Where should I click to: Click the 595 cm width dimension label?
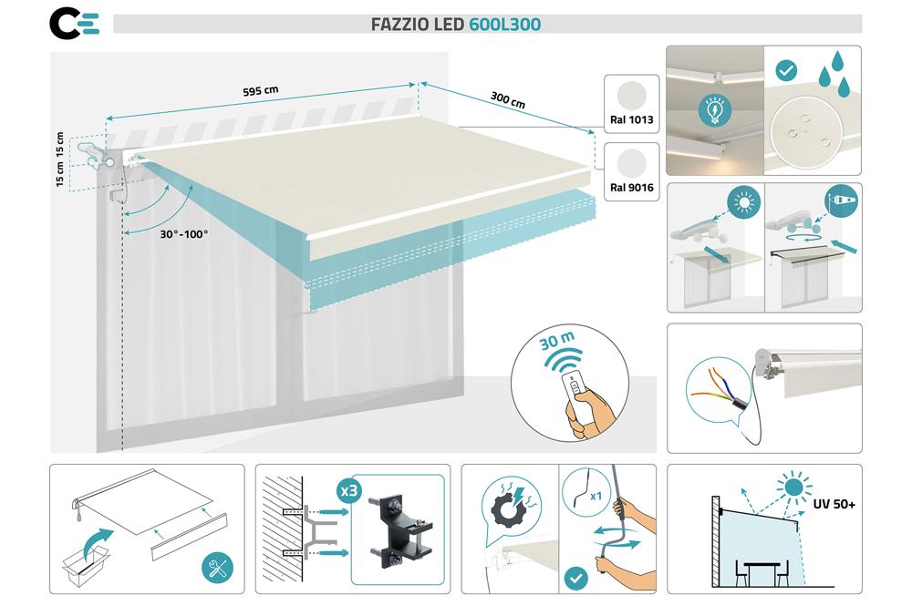[260, 91]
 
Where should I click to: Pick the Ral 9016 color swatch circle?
[631, 163]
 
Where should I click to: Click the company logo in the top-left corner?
[73, 23]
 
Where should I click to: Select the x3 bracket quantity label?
[348, 489]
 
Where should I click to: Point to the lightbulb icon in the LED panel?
[714, 108]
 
